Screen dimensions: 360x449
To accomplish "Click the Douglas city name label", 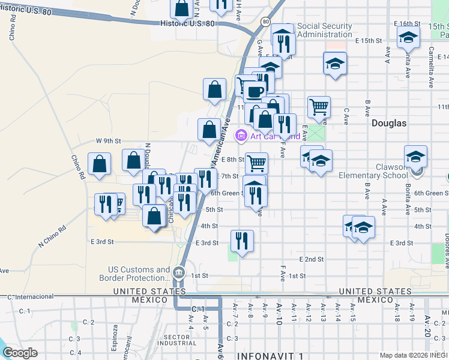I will coord(388,123).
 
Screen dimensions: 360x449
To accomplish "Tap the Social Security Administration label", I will coord(325,30).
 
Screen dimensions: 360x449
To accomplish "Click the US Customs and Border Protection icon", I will coord(179,273).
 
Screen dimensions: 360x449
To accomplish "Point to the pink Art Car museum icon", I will coord(241,136).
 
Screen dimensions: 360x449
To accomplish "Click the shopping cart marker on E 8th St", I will coord(256,161).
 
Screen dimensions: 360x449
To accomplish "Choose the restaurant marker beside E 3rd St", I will coord(242,241).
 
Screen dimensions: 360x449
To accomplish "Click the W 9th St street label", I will coord(109,141).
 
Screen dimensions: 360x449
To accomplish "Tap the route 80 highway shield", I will coord(265,22).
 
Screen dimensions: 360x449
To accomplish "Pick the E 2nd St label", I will coord(312,259).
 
